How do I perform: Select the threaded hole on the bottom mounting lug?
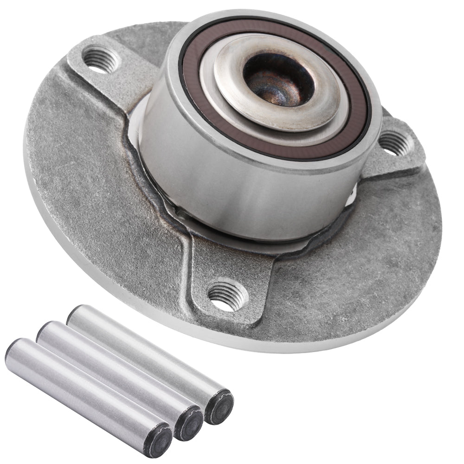[227, 296]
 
